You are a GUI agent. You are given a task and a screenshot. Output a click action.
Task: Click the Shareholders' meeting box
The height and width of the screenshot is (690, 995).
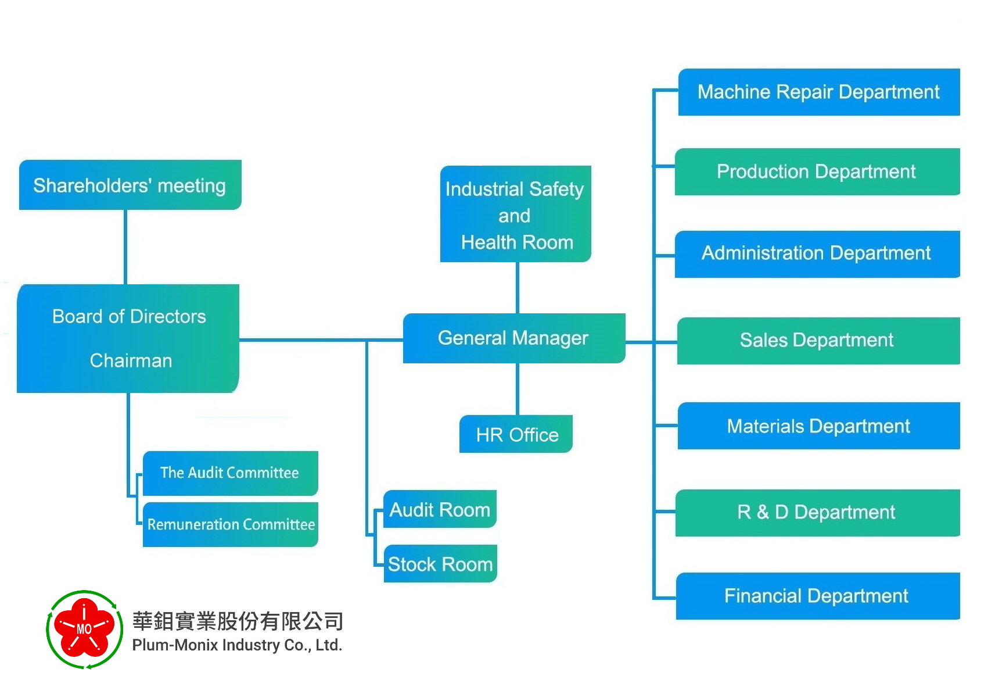[130, 184]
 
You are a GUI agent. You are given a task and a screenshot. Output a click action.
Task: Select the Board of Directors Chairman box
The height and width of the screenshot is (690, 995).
[128, 338]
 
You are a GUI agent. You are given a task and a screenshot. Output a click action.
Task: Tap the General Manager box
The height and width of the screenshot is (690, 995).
[514, 338]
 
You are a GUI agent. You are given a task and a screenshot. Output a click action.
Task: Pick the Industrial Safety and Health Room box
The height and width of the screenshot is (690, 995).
[515, 214]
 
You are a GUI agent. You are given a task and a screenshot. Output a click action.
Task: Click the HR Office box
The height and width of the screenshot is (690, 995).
[516, 434]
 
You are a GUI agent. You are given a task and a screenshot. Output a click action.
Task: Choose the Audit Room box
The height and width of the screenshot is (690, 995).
[440, 509]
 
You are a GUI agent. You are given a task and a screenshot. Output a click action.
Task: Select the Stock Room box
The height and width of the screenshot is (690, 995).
[440, 563]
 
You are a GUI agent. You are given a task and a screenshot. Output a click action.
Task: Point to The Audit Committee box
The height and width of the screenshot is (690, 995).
[230, 473]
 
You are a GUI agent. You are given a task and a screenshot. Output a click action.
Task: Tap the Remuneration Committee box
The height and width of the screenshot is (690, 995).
[230, 524]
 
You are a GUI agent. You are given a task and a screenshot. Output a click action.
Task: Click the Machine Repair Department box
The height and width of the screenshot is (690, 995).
[819, 92]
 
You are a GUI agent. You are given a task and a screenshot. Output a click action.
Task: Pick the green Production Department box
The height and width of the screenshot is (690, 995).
[817, 171]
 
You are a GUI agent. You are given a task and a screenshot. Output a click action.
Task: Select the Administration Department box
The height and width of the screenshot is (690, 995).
[817, 254]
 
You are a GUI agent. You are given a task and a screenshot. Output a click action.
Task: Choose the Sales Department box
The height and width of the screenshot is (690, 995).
[818, 341]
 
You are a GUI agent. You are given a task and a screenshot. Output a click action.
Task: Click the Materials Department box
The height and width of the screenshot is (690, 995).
[818, 426]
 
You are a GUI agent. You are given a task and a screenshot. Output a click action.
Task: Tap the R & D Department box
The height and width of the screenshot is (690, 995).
[818, 513]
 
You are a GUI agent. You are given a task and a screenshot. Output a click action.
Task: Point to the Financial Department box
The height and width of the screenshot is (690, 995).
[818, 596]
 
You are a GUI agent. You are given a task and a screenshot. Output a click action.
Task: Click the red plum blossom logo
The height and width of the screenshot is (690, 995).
[84, 629]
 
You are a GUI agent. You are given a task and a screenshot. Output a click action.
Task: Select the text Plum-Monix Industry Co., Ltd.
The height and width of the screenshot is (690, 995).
[237, 645]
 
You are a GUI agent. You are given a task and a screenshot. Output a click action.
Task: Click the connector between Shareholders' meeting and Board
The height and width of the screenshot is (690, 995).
[125, 246]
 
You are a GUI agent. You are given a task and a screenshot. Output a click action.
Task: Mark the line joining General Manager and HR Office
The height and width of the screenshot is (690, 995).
[518, 389]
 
